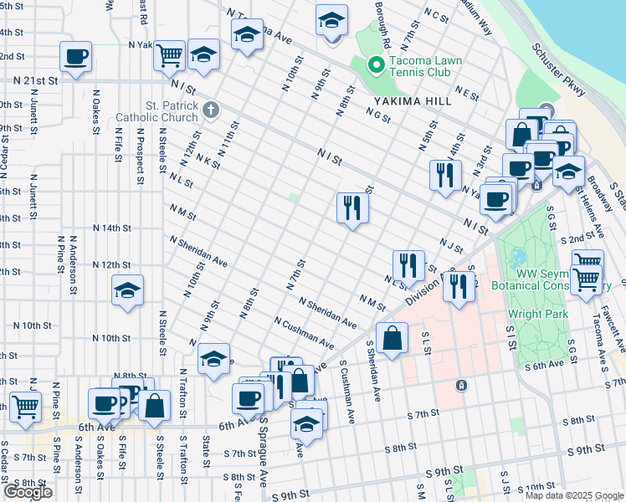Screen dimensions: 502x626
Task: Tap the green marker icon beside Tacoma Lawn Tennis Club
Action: pyautogui.click(x=377, y=64)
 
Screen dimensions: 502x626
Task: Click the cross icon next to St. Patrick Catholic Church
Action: pyautogui.click(x=211, y=109)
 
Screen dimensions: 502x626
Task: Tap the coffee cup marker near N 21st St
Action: pyautogui.click(x=75, y=57)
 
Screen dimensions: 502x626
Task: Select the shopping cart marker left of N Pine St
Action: pyautogui.click(x=26, y=407)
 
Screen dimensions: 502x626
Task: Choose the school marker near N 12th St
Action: pyautogui.click(x=127, y=291)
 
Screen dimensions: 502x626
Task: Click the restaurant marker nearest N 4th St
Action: pyautogui.click(x=444, y=174)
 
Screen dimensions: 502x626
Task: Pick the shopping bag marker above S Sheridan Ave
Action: pyautogui.click(x=392, y=338)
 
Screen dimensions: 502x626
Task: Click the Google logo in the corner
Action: pyautogui.click(x=28, y=492)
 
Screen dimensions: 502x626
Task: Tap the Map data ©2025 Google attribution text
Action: pyautogui.click(x=573, y=495)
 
